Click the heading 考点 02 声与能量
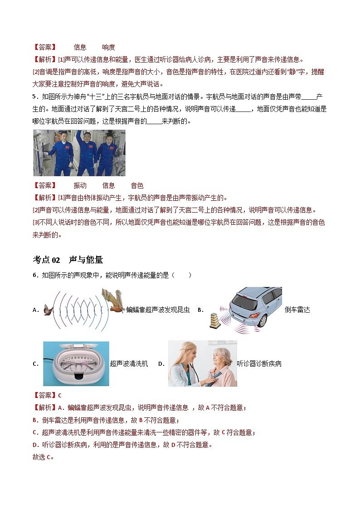point(68,260)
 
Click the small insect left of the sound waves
point(48,310)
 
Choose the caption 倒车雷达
point(297,310)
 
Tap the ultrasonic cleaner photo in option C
point(76,364)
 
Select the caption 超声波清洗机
point(129,364)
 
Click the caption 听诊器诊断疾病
point(259,364)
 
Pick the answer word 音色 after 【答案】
point(137,185)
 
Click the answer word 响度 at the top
point(108,47)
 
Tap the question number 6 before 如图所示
point(34,275)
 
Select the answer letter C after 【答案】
point(60,395)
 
